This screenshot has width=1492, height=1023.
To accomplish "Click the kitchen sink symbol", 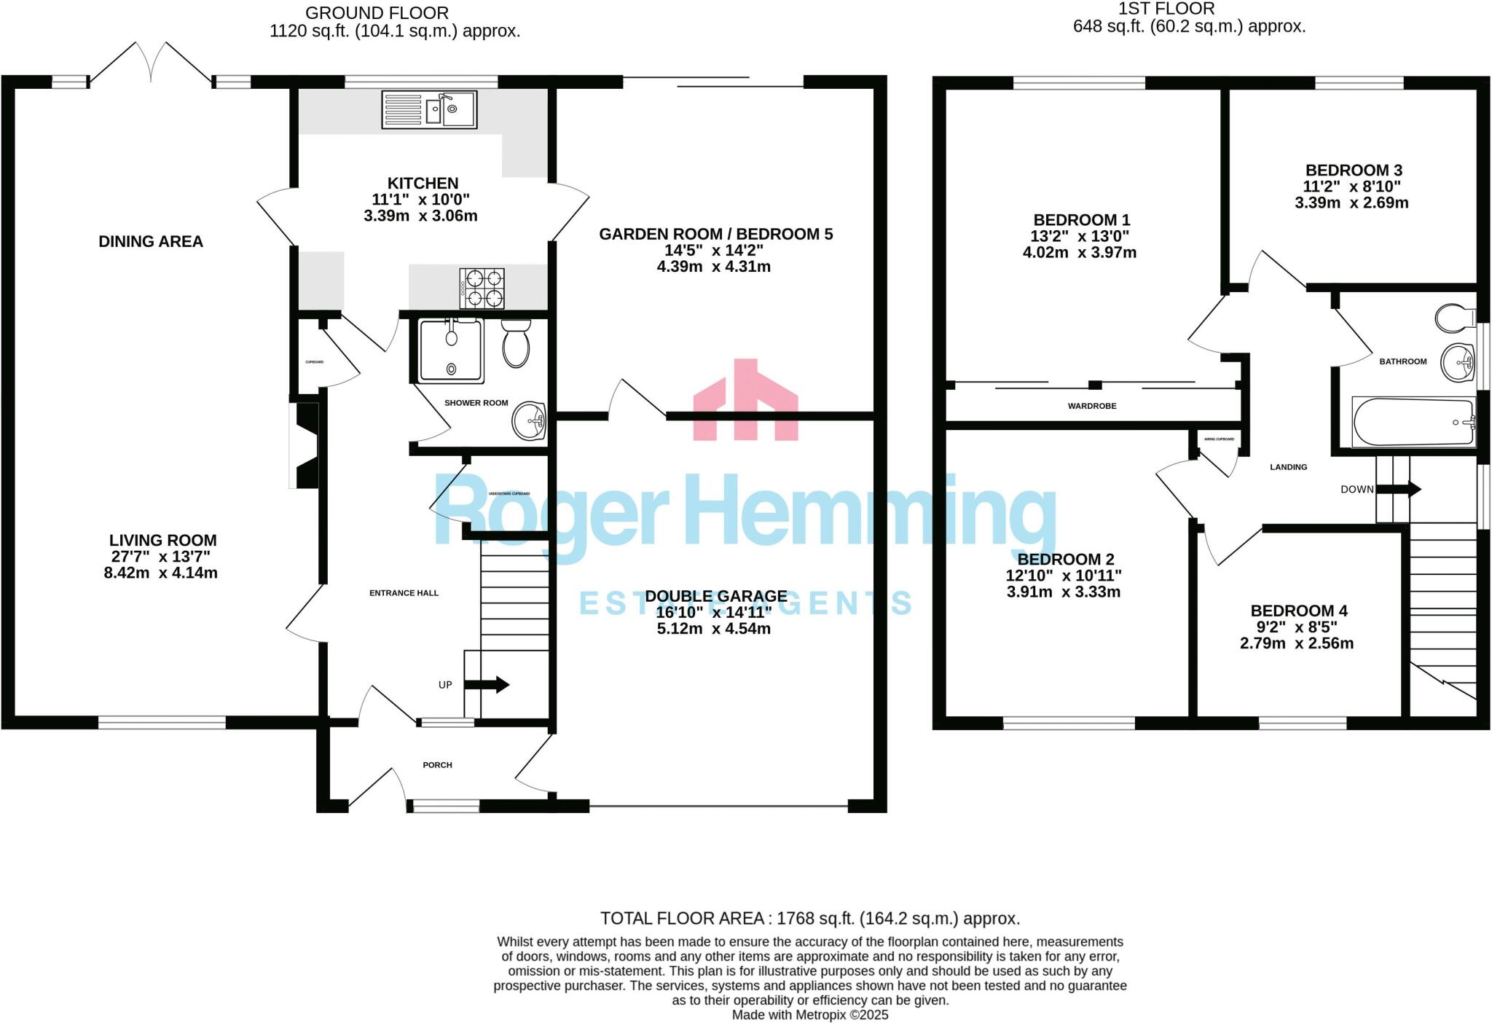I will pyautogui.click(x=429, y=110).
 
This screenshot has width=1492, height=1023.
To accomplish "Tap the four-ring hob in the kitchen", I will pyautogui.click(x=482, y=288).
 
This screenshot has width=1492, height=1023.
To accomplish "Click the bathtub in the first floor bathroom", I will pyautogui.click(x=1413, y=422).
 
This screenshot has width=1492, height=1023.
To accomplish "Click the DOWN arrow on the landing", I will pyautogui.click(x=1398, y=489).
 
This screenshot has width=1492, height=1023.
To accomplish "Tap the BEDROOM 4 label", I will pyautogui.click(x=1298, y=611).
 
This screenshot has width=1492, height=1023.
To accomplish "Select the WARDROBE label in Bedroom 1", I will pyautogui.click(x=1091, y=406).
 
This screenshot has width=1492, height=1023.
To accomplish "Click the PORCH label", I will pyautogui.click(x=437, y=765).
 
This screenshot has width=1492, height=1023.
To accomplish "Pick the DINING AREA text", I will pyautogui.click(x=151, y=241).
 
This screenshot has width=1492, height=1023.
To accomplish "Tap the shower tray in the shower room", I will pyautogui.click(x=451, y=350).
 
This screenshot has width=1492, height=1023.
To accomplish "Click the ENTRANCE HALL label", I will pyautogui.click(x=404, y=593).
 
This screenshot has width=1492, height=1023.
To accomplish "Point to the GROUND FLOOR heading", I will pyautogui.click(x=377, y=13).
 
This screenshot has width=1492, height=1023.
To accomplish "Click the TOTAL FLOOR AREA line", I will pyautogui.click(x=809, y=918).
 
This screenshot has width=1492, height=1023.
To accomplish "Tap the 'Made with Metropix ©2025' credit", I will pyautogui.click(x=809, y=1014).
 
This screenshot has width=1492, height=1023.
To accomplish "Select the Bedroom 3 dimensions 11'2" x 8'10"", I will pyautogui.click(x=1352, y=187).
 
